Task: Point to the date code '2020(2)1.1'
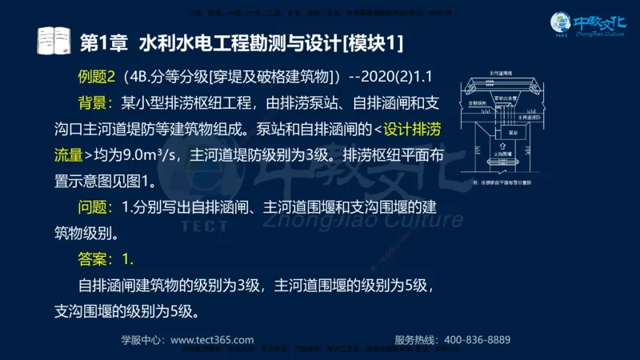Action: click(x=395, y=77)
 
